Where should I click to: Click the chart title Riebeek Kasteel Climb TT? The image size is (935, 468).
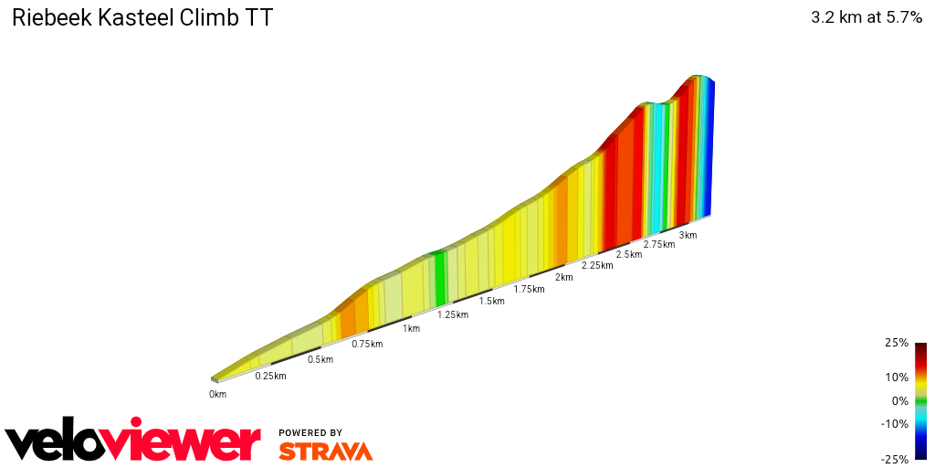coord(142,18)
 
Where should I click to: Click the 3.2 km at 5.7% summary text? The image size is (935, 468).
coord(866,18)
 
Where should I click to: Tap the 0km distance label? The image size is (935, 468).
coord(217,394)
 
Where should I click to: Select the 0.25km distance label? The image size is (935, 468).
coord(271,377)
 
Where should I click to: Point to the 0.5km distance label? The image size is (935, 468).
coord(320,359)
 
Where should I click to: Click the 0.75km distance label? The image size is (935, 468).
coord(367,344)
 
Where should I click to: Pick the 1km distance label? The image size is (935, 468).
coord(412,328)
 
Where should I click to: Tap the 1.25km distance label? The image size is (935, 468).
coord(452,314)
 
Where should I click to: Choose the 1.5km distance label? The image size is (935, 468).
coord(492,302)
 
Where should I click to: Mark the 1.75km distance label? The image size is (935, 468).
coord(530,289)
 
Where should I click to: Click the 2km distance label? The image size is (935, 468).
coord(564,277)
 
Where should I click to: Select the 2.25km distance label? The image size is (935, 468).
coord(597,265)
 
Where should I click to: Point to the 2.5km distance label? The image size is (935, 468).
coord(629,254)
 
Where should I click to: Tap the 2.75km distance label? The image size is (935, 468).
coord(659,244)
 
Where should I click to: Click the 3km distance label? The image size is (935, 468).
coord(688,235)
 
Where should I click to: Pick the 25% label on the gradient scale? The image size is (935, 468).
coord(897,344)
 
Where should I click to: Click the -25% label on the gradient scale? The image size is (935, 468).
coord(895,460)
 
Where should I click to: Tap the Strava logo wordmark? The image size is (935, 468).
coord(326,451)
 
